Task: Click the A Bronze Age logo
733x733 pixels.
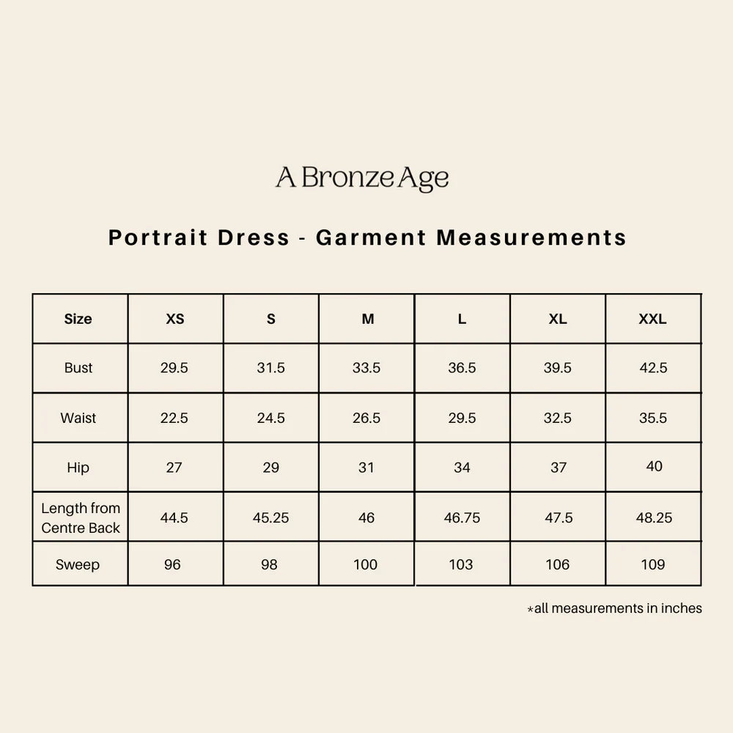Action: [x=362, y=178]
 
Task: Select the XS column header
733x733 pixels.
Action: [x=175, y=319]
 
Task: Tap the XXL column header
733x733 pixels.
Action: [x=652, y=319]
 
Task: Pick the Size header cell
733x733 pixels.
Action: [x=78, y=319]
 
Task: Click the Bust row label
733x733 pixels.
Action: [x=78, y=368]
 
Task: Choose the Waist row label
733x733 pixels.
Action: [x=78, y=418]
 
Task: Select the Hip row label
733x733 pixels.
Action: [x=78, y=468]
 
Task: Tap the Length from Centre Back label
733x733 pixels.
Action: [x=81, y=517]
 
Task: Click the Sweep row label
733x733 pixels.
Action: [x=78, y=564]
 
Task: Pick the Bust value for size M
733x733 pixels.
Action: [x=366, y=368]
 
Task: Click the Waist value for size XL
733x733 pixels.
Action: [x=558, y=418]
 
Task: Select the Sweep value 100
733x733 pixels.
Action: [x=366, y=564]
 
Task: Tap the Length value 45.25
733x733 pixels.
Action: [x=271, y=517]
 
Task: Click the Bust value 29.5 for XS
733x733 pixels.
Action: [x=174, y=368]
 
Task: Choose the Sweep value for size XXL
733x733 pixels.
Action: [x=653, y=564]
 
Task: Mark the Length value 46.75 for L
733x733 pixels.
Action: [x=463, y=517]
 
